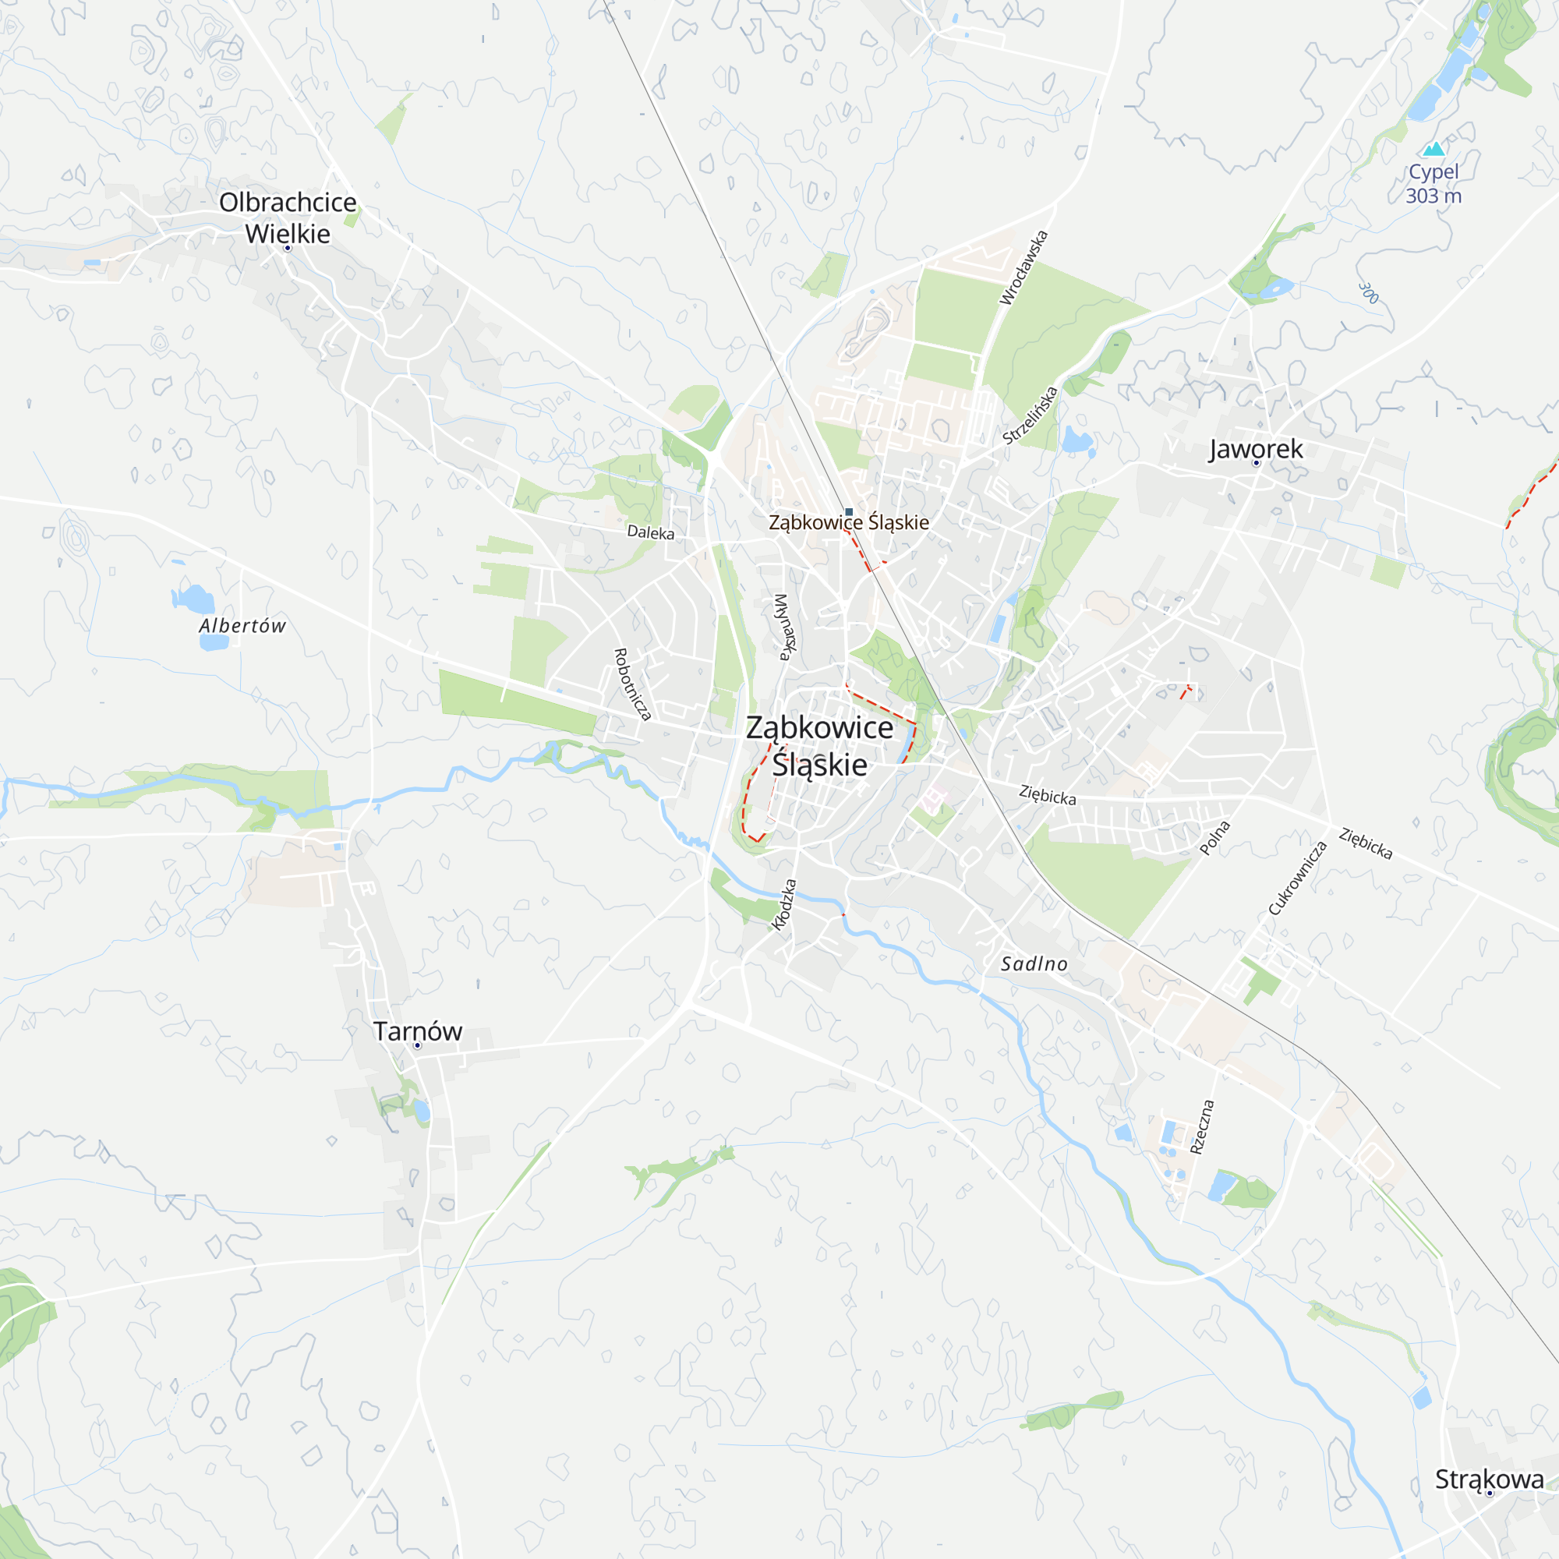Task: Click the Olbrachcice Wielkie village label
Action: pyautogui.click(x=288, y=218)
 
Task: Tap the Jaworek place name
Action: pyautogui.click(x=1256, y=449)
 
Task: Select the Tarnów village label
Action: pyautogui.click(x=417, y=1031)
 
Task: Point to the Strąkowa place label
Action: pyautogui.click(x=1489, y=1479)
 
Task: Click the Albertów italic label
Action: pyautogui.click(x=242, y=626)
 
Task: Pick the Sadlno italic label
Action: pyautogui.click(x=1034, y=963)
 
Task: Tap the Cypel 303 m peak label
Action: pyautogui.click(x=1434, y=184)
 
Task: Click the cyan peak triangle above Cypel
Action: pyautogui.click(x=1434, y=150)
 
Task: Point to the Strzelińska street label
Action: pyautogui.click(x=1030, y=415)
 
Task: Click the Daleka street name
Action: pyautogui.click(x=650, y=532)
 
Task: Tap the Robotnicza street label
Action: pyautogui.click(x=632, y=684)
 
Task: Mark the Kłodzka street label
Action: pyautogui.click(x=783, y=904)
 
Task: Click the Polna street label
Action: pyautogui.click(x=1214, y=838)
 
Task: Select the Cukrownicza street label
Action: pyautogui.click(x=1298, y=878)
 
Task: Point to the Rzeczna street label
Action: pyautogui.click(x=1201, y=1126)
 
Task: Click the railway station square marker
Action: pyautogui.click(x=849, y=512)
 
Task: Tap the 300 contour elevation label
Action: pyautogui.click(x=1369, y=293)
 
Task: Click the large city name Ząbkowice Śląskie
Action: pyautogui.click(x=819, y=746)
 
